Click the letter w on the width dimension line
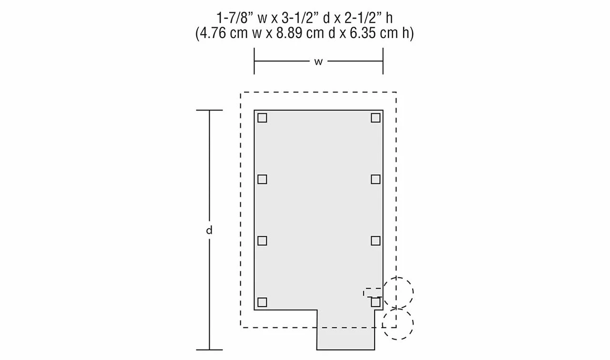click(318, 61)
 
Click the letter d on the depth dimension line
click(209, 230)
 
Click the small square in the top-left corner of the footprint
click(262, 118)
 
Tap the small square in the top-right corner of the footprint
click(376, 118)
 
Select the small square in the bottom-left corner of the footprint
click(262, 302)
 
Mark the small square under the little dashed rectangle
click(376, 302)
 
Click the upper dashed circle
click(398, 292)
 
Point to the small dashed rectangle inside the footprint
click(373, 292)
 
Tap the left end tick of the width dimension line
click(254, 61)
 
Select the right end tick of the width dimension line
click(383, 61)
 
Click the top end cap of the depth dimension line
click(209, 110)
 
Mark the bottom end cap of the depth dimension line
click(209, 350)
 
